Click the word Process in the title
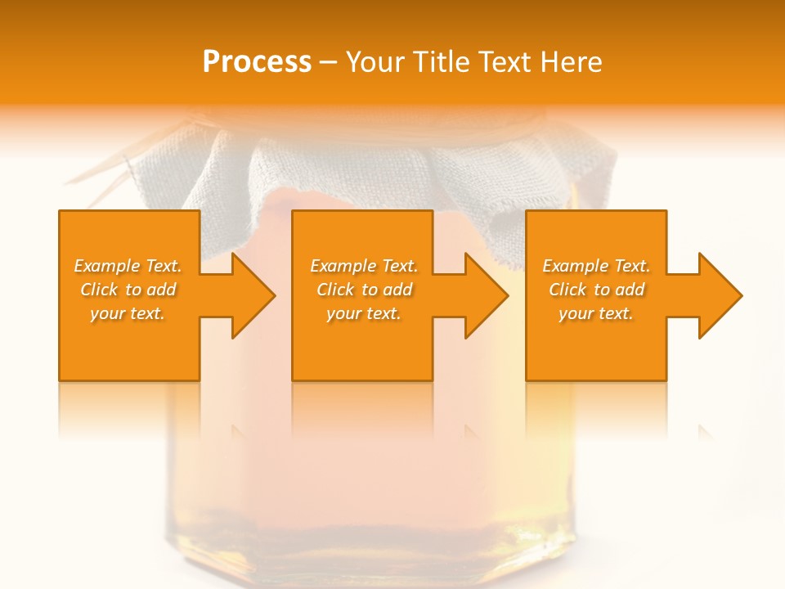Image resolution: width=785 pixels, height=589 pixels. (257, 62)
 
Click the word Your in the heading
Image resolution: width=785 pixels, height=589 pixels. (377, 62)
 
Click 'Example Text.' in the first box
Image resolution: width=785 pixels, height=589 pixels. (128, 266)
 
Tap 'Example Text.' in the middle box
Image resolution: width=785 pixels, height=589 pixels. (364, 266)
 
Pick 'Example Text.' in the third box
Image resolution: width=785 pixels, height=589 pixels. (596, 266)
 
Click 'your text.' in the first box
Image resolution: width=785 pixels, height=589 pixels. (128, 313)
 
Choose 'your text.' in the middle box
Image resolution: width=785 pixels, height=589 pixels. (364, 313)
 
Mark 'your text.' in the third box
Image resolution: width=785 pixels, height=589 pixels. (596, 313)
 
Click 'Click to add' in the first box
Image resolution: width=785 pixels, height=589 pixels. (128, 290)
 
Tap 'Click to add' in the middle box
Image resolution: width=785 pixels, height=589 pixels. (364, 290)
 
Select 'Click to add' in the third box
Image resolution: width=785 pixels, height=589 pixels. (596, 290)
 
